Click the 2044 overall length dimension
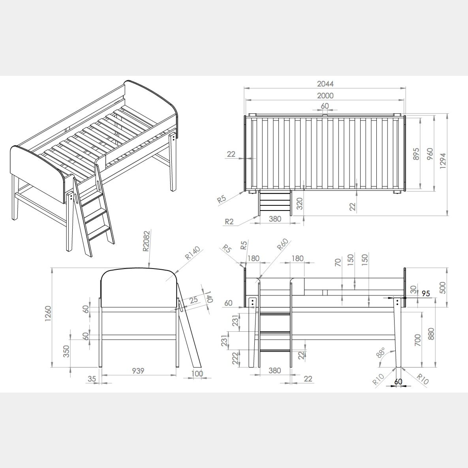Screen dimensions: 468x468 (x=325, y=84)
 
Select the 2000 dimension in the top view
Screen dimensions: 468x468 (x=325, y=96)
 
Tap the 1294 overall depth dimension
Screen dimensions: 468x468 (x=443, y=162)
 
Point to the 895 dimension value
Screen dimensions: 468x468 (x=417, y=154)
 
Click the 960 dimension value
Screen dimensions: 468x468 (x=430, y=154)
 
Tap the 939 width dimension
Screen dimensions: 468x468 (x=138, y=371)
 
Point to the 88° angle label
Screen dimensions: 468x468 (x=381, y=352)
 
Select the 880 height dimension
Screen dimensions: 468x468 (x=431, y=334)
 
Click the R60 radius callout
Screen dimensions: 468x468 (x=282, y=245)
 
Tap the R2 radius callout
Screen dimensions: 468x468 (x=229, y=222)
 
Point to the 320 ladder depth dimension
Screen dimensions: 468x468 (x=300, y=203)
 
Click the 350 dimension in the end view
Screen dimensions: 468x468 (x=66, y=351)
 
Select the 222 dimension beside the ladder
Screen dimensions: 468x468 (x=235, y=359)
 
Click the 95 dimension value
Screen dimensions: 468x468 (x=426, y=294)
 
